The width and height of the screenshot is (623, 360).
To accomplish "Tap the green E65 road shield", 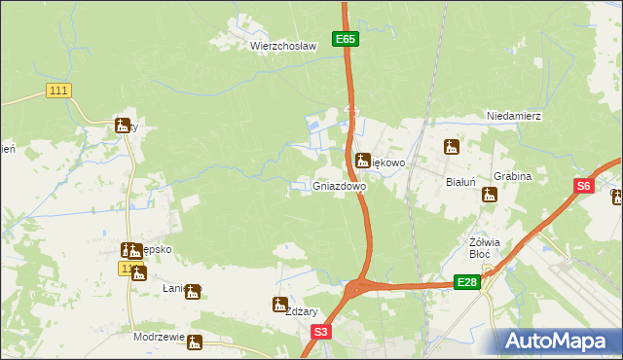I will coord(346,39).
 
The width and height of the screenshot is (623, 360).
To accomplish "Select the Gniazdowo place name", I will coord(340,185).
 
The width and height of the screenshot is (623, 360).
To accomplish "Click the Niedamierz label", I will coord(514,116).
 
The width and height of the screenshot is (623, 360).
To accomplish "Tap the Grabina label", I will coord(512,176).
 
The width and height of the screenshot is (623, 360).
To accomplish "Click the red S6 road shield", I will coord(583,186).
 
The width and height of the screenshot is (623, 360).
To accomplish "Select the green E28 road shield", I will coord(466,282).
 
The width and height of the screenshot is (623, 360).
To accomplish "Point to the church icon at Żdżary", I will coord(280,305).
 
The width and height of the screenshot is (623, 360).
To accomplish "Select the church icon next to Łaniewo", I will coord(193,291).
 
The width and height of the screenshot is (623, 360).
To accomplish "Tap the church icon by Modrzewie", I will coord(195,342).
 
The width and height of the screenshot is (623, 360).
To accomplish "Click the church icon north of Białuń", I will coord(451,148).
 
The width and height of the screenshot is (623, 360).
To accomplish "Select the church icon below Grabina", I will coord(489,195).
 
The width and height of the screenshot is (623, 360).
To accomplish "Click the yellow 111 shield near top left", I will coord(58,90).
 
